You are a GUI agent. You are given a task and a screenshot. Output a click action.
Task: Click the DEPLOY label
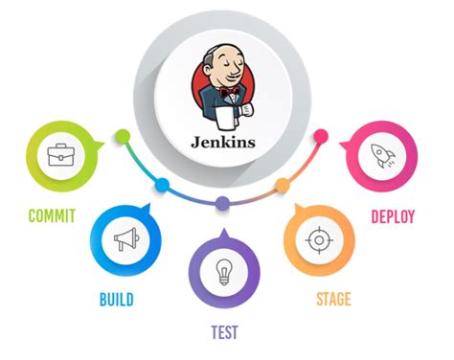click(393, 216)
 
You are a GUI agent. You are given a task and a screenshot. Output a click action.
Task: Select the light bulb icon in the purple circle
click(223, 268)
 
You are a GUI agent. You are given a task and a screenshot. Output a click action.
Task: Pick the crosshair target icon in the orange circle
click(317, 240)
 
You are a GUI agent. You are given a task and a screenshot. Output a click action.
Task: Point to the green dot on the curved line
click(122, 135)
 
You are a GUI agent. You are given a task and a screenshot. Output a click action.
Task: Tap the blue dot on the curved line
click(162, 184)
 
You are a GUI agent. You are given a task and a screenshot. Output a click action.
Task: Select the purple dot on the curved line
click(222, 203)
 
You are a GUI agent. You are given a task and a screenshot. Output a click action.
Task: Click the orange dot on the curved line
click(282, 184)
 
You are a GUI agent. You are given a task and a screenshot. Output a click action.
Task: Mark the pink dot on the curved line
click(321, 135)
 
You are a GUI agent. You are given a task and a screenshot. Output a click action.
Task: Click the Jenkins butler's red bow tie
click(227, 93)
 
